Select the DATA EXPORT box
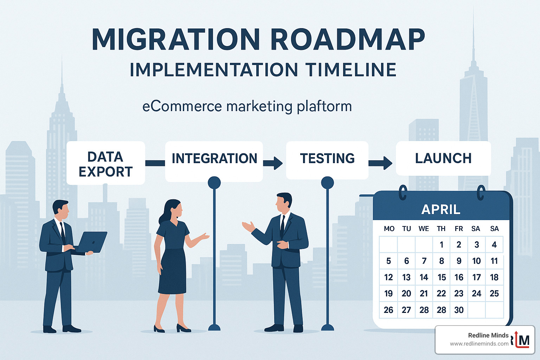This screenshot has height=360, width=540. pos(105,163)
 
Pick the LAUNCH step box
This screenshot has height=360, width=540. pos(443,159)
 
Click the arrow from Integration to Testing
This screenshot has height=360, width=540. pos(273,163)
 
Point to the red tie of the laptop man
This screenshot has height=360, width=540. pos(63,232)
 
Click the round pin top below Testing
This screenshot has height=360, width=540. pos(327,183)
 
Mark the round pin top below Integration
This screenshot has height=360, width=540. pos(214,183)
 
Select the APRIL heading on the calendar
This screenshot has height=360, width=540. pos(441,210)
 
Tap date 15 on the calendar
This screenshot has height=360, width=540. pos(442,277)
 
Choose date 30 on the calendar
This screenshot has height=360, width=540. pos(459,310)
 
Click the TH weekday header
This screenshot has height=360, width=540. pos(441,229)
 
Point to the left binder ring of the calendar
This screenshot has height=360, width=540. pos(403,193)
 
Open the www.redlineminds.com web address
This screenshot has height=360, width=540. pos(479,344)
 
